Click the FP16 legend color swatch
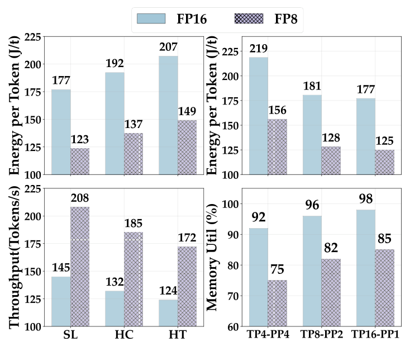point(152,18)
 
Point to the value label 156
point(278,111)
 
